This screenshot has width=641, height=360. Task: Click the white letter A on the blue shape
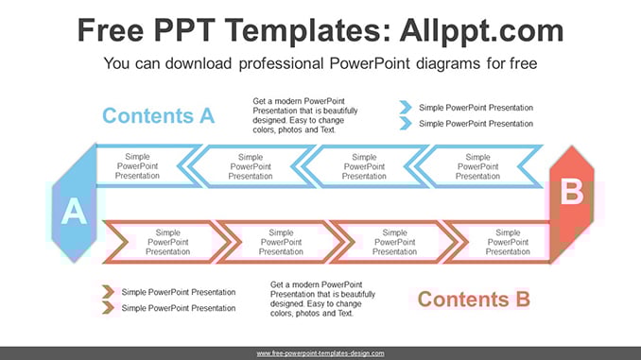[x=74, y=211]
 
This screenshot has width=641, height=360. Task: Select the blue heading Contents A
[x=158, y=115]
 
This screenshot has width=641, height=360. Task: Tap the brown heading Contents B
[x=474, y=300]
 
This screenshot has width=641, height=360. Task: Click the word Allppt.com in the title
[x=481, y=30]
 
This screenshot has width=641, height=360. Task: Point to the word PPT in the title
[x=184, y=30]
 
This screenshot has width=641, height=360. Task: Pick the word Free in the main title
[x=111, y=30]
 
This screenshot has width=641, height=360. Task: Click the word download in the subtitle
[x=199, y=63]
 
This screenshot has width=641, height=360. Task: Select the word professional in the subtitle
[x=281, y=63]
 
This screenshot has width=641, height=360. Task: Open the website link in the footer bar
[x=320, y=353]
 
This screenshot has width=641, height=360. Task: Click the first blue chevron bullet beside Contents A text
[x=406, y=108]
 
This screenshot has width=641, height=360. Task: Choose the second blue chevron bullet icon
[x=406, y=123]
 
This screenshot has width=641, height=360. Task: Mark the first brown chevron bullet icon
[x=109, y=292]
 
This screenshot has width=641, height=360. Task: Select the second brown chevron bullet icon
[x=109, y=307]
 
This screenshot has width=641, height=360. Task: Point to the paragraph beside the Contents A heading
[x=305, y=115]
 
